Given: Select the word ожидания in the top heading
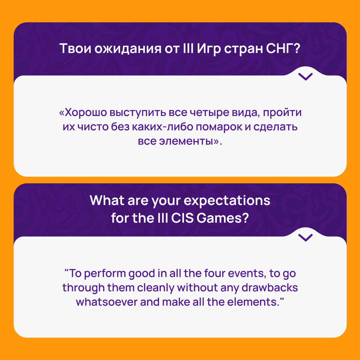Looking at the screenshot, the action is click(x=128, y=49).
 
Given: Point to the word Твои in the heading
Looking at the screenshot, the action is click(x=75, y=48).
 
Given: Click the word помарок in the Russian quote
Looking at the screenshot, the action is click(x=219, y=127).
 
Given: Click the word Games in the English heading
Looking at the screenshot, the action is click(x=223, y=218).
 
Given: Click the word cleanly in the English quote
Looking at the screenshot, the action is click(x=156, y=288).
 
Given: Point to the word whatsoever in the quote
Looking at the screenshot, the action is click(x=107, y=302).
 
